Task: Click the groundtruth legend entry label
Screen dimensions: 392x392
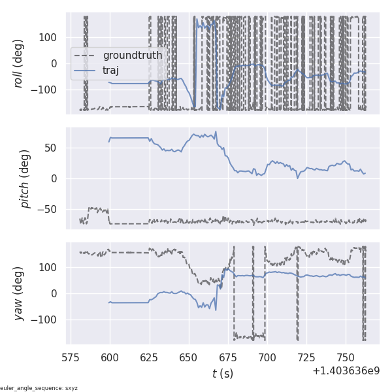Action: click(133, 56)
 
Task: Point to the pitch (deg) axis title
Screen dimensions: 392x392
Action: click(26, 178)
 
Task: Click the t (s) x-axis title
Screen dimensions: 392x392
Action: click(222, 374)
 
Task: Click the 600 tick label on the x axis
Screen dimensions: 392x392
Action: click(110, 357)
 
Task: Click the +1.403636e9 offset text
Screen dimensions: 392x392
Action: click(346, 371)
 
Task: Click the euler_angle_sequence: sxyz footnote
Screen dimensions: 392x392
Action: click(39, 388)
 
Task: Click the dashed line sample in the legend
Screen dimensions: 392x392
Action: click(86, 56)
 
